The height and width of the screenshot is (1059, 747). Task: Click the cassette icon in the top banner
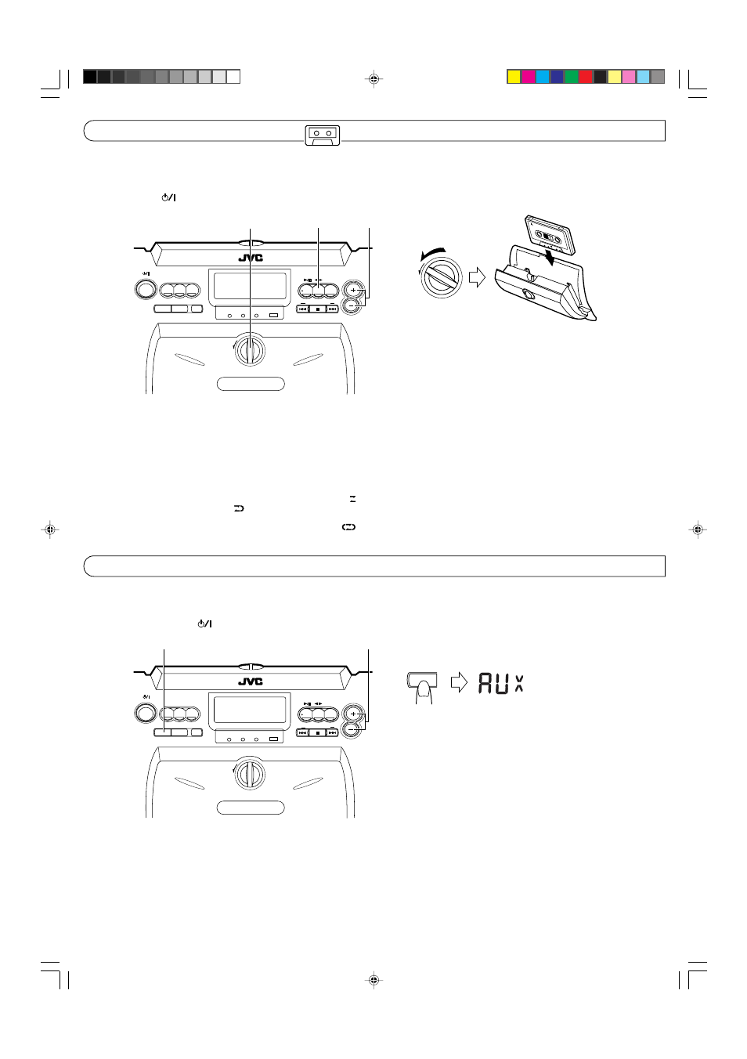coord(323,136)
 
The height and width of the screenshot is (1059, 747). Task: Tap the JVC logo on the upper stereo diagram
coord(251,258)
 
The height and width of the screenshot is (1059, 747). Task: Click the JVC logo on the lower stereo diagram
coord(251,681)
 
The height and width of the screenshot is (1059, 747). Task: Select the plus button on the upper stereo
coord(352,289)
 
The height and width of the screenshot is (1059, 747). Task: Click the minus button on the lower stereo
coord(351,730)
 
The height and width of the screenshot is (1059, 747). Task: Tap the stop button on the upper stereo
coord(318,309)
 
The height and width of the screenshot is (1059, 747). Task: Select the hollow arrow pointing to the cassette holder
coord(477,277)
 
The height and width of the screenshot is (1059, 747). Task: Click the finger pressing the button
coord(424,693)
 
